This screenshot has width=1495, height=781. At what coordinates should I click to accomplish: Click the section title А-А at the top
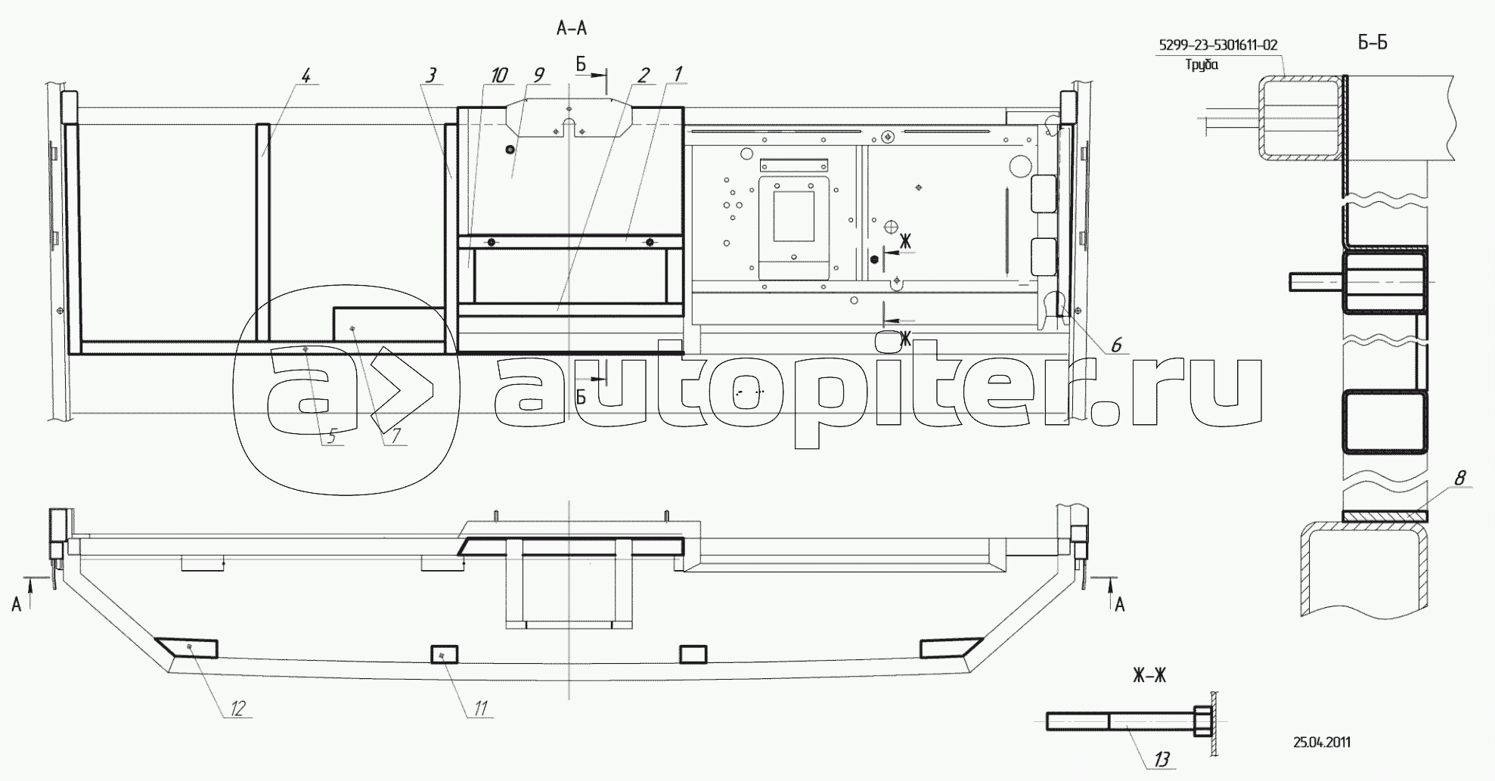(571, 29)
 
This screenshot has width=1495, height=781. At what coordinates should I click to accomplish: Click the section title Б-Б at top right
(1372, 43)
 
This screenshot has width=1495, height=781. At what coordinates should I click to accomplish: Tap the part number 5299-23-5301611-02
(1218, 45)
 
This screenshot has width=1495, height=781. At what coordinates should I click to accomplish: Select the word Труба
(1202, 64)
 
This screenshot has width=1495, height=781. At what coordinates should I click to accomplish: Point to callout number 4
(306, 76)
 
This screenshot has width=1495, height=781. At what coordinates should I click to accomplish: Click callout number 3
(431, 76)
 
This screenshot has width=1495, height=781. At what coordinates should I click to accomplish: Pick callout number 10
(498, 75)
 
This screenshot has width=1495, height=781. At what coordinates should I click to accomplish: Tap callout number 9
(538, 75)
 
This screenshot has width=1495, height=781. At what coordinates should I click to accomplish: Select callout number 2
(644, 75)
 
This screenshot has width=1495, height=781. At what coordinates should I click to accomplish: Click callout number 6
(1116, 346)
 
